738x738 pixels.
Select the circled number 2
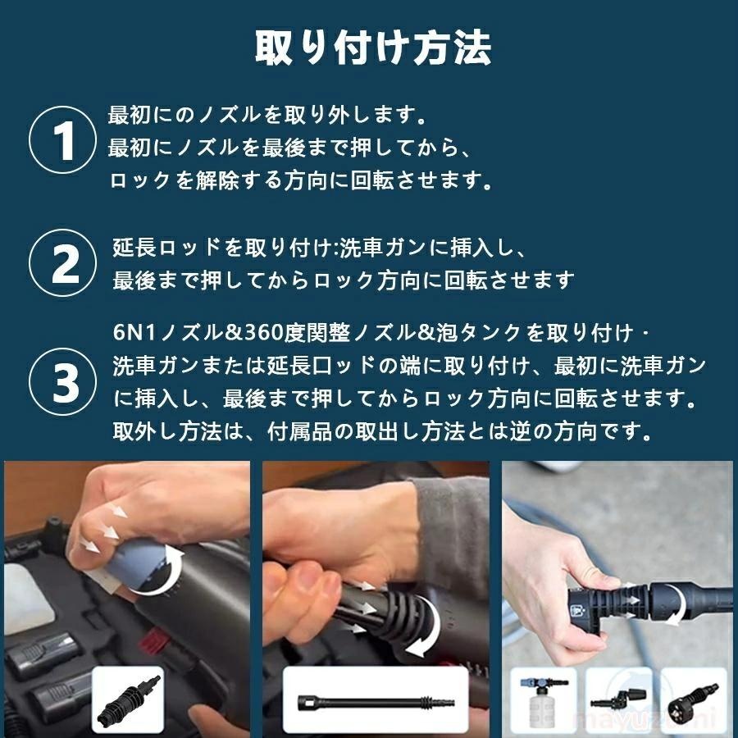(x=63, y=263)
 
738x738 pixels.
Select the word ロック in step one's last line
(x=139, y=181)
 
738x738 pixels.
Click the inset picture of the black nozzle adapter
(x=128, y=700)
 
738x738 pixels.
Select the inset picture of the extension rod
(x=376, y=700)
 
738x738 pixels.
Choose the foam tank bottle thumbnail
(x=544, y=700)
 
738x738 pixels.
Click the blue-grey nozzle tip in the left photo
(x=135, y=565)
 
